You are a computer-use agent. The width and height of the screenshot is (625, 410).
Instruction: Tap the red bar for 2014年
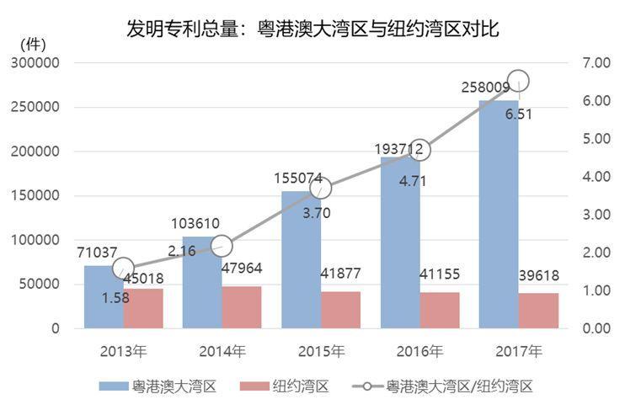coord(242,307)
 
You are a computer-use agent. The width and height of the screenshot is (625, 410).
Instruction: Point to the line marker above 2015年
coord(320,189)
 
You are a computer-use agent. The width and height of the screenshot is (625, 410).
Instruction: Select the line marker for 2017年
coord(518,82)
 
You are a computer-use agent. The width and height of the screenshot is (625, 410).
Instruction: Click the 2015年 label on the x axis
coord(320,350)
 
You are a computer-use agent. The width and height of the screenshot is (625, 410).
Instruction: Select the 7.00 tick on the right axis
coord(595,63)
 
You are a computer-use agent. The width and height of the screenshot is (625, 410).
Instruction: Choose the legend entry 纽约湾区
coord(300,386)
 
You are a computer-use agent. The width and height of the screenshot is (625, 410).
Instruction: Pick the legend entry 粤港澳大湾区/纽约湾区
coord(460,386)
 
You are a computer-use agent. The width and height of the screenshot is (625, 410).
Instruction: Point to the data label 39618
coord(539,275)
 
